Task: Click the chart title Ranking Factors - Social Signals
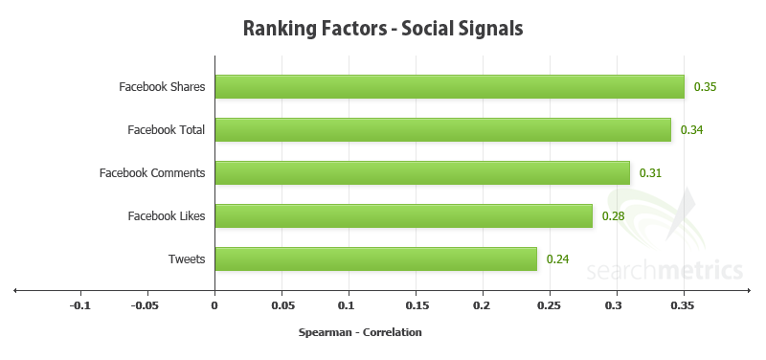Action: (383, 29)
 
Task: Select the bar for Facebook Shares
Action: (449, 87)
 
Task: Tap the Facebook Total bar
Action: (442, 129)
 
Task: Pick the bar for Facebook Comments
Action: (422, 172)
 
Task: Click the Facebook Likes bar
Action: (403, 215)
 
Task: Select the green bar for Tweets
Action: (375, 259)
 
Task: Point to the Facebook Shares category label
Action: (162, 87)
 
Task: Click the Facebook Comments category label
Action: (152, 173)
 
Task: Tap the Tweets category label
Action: (187, 259)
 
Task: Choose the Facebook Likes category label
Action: (167, 216)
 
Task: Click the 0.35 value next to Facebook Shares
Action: (706, 87)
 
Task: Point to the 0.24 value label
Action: (558, 259)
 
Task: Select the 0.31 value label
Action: (651, 173)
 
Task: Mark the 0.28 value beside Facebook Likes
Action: (613, 216)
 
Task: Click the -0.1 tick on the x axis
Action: (80, 306)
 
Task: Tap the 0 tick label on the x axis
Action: (214, 306)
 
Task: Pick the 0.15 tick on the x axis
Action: (416, 306)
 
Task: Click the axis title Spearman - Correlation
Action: (361, 333)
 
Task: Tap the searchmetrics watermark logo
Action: (670, 259)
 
